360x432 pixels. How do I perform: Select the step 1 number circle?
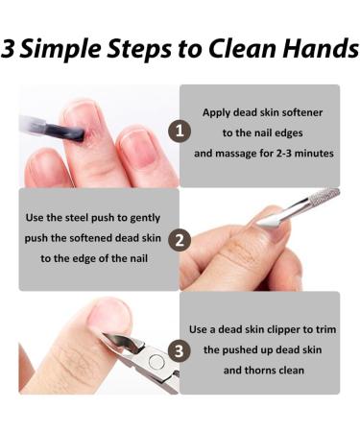click(180, 130)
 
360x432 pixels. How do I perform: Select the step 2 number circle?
click(180, 239)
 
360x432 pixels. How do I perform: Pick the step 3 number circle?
click(180, 349)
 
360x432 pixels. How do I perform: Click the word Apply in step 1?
click(216, 111)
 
